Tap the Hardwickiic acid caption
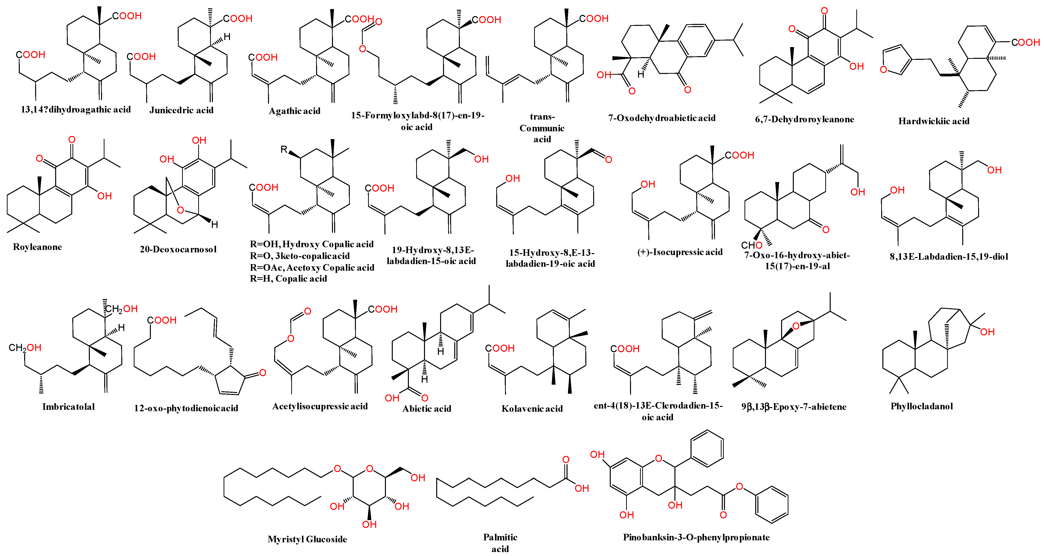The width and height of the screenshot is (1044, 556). coord(933,121)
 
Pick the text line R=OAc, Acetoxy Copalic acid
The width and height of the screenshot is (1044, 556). coord(312,268)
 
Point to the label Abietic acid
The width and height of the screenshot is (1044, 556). coord(426,409)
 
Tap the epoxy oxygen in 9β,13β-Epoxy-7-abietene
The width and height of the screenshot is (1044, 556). coord(796,326)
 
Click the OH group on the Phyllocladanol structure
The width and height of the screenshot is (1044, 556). coord(987,332)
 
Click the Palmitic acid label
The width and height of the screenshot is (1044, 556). coord(500,543)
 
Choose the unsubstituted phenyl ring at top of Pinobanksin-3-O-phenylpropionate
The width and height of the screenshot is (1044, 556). coord(707,448)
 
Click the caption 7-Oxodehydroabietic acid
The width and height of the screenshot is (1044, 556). coord(662,118)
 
